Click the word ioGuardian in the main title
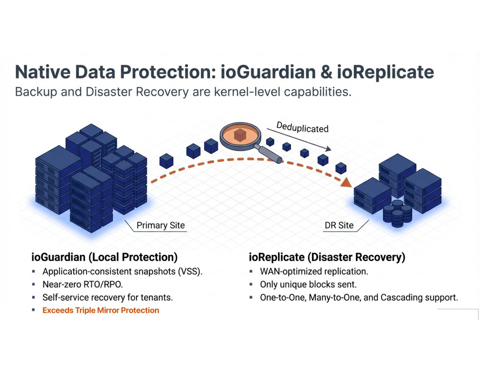pos(268,72)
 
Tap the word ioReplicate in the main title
pos(385,72)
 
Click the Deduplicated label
pos(302,128)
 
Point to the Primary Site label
pos(161,225)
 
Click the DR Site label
pos(339,225)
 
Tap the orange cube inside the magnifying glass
pos(240,135)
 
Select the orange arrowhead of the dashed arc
pos(346,182)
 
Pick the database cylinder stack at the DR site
pos(397,213)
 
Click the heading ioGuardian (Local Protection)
pos(104,257)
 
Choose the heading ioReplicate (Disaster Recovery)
pos(327,257)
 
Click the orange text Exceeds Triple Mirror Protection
pos(101,310)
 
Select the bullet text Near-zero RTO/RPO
pos(82,284)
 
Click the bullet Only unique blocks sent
pos(308,284)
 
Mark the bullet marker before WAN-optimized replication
pos(251,271)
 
